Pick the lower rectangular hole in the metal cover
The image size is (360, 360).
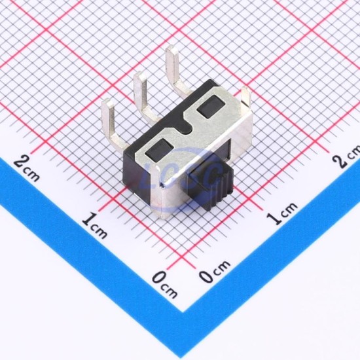[159, 150]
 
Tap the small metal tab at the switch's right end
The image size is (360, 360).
[246, 96]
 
